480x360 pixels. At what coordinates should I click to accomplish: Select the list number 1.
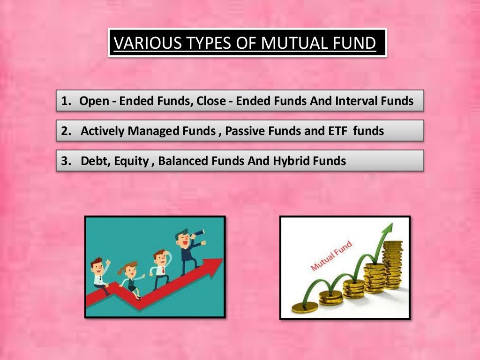(x=65, y=101)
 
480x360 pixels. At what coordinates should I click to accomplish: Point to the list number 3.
(x=65, y=161)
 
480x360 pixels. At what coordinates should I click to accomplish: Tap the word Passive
(x=245, y=131)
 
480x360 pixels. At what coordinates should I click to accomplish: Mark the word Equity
(x=128, y=161)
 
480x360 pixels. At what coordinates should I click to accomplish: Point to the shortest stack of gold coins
(x=303, y=307)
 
